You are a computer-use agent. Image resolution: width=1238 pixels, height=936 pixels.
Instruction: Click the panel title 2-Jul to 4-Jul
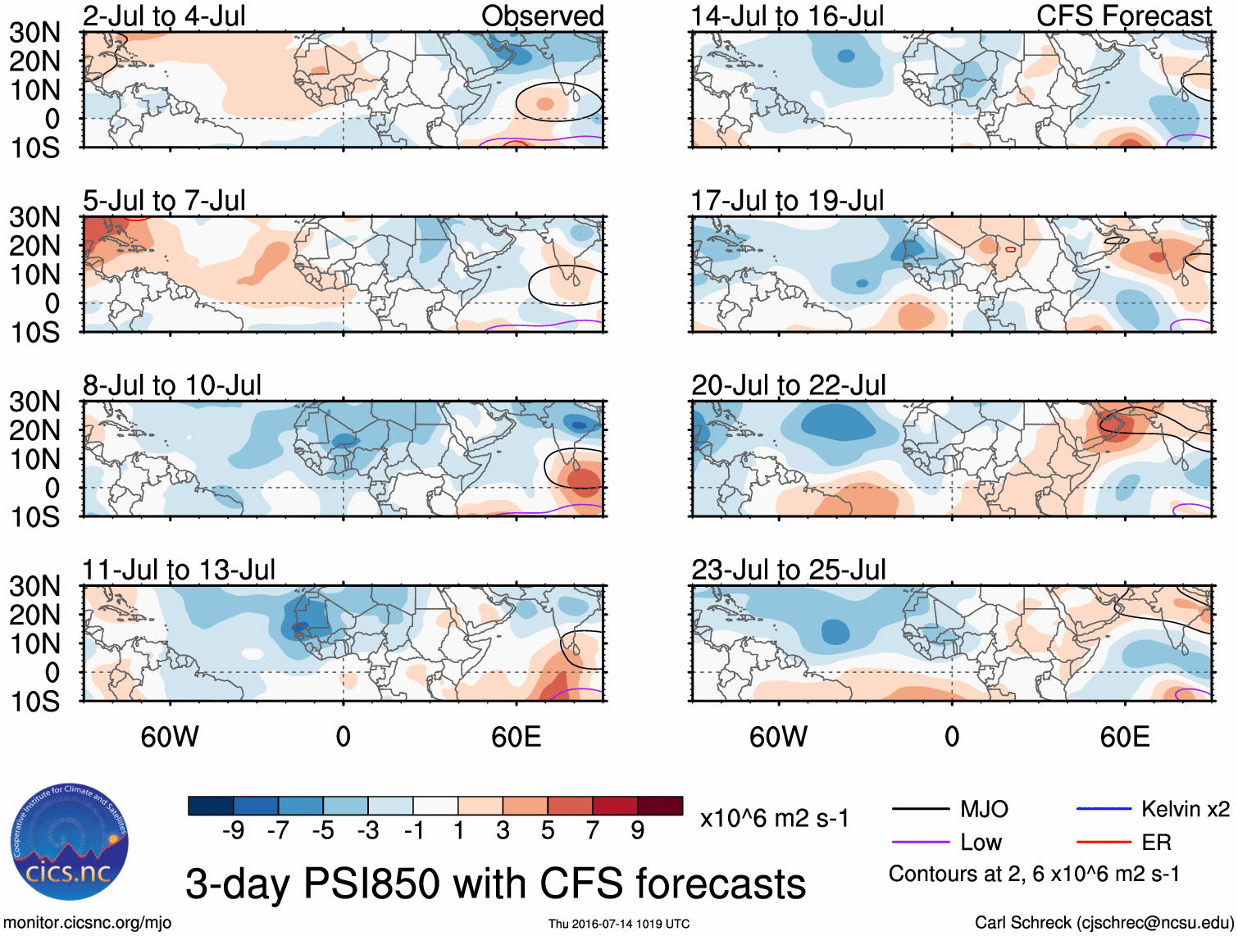(164, 16)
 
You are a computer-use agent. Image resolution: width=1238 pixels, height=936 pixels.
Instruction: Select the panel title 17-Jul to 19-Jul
(787, 200)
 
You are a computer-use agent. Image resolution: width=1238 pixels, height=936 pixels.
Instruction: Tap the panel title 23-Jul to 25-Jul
(788, 570)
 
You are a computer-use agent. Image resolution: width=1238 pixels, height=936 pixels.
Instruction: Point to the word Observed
(542, 16)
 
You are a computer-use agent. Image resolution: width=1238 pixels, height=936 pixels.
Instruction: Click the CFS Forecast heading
(1123, 16)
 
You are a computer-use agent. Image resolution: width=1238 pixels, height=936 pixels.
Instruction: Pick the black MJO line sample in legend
(920, 810)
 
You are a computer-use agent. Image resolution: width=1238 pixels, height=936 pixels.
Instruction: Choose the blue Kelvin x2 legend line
(1104, 809)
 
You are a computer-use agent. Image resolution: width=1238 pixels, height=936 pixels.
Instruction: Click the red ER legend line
(1104, 842)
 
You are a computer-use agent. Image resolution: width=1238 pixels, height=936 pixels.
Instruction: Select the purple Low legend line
(920, 842)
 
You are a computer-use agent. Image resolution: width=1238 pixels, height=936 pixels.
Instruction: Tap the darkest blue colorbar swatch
(211, 806)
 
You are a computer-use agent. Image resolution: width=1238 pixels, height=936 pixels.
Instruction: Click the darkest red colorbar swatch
(660, 806)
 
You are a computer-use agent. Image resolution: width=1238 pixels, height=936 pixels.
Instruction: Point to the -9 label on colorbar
(233, 831)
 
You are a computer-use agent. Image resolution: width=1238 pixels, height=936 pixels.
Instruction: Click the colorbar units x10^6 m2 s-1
(774, 818)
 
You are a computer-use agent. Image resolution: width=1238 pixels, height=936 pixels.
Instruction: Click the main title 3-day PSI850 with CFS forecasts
(495, 884)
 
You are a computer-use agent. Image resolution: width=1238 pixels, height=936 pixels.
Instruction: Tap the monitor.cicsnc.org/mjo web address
(88, 923)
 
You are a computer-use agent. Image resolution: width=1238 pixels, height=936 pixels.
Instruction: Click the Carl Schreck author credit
(1104, 923)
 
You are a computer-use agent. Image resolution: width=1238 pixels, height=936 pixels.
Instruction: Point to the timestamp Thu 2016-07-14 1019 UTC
(619, 924)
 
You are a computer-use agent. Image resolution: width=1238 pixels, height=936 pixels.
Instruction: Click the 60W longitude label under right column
(778, 737)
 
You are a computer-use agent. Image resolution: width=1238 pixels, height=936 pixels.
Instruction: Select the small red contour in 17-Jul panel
(1010, 249)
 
